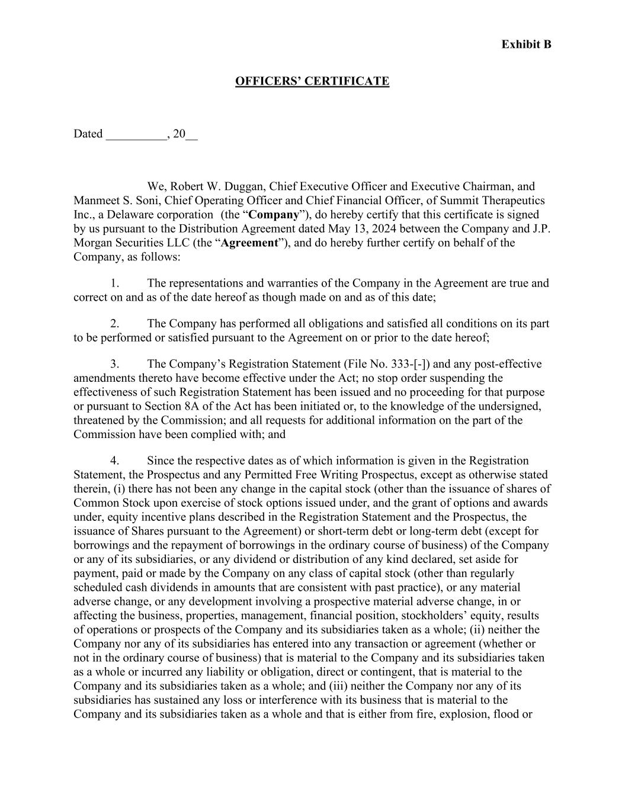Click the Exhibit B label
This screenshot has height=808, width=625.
coord(526,44)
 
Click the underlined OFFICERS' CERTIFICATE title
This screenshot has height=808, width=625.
coord(312,81)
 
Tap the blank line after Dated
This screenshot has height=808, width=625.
coord(136,134)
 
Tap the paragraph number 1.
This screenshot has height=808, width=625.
coord(115,283)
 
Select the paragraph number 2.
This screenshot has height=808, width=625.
coord(115,324)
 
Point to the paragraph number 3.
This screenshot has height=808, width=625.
coord(115,364)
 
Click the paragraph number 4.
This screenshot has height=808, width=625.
coord(115,461)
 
